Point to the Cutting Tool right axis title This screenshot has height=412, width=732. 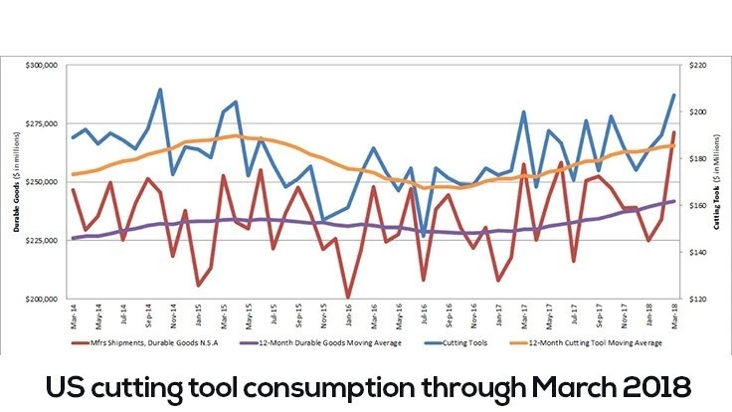click(718, 182)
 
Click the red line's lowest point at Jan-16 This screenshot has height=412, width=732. click(348, 298)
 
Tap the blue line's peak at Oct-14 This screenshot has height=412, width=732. click(160, 90)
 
